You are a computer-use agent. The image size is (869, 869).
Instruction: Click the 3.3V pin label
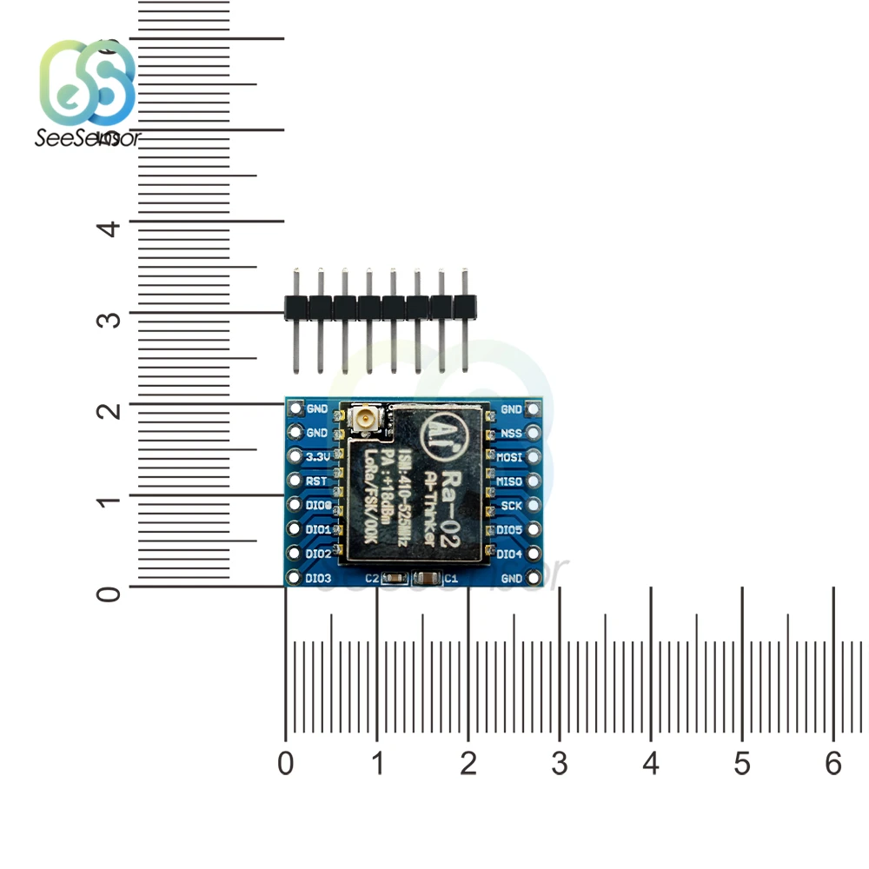[318, 456]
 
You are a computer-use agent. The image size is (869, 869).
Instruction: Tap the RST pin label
[317, 481]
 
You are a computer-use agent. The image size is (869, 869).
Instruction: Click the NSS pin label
[511, 433]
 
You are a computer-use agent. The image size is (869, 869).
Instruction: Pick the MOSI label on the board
[509, 456]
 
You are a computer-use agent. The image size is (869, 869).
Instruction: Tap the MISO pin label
[509, 481]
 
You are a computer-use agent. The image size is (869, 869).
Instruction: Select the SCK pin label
[511, 505]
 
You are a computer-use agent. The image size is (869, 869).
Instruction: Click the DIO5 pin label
[509, 529]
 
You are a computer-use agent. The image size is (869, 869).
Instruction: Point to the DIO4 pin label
[509, 554]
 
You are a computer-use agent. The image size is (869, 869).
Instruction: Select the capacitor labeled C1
[427, 578]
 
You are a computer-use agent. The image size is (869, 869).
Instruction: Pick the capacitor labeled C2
[395, 578]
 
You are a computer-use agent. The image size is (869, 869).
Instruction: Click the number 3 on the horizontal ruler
[560, 764]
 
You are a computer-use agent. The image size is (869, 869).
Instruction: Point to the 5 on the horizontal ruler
[742, 764]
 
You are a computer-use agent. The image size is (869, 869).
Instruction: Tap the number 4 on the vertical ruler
[109, 229]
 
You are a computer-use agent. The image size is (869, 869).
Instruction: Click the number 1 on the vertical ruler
[109, 502]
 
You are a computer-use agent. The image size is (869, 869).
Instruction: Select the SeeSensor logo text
[87, 137]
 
